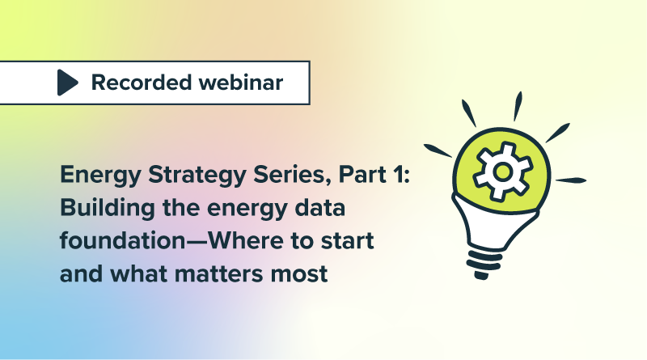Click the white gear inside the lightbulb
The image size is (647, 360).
point(502,171)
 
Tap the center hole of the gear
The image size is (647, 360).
point(502,171)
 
